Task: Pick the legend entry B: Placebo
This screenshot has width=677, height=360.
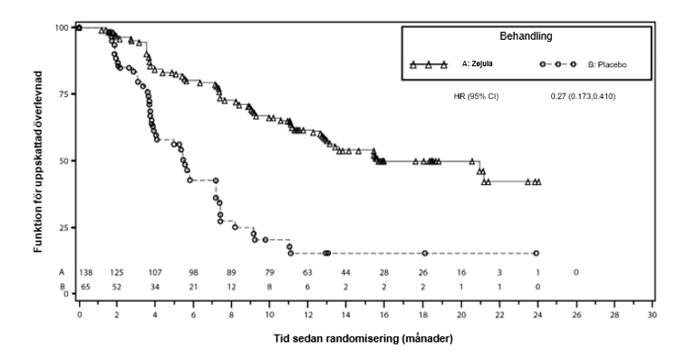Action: [x=607, y=65]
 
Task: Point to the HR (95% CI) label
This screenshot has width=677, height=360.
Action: [x=476, y=95]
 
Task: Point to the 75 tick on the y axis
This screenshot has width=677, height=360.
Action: [x=63, y=94]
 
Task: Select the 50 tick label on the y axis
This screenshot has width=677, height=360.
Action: [x=63, y=161]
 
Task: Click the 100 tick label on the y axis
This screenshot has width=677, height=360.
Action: [x=62, y=27]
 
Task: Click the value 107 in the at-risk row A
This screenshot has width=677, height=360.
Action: [x=155, y=272]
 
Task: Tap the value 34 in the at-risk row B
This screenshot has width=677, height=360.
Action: [x=155, y=286]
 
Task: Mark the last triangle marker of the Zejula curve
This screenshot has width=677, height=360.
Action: [x=537, y=182]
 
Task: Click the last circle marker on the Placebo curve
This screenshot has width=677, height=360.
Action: [x=537, y=253]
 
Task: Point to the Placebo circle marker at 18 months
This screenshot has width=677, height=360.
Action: [x=424, y=253]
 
